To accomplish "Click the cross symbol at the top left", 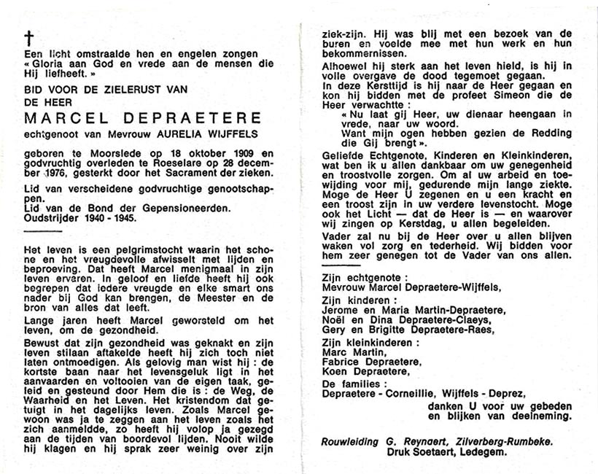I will (30, 39).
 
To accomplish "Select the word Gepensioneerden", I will (166, 206).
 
